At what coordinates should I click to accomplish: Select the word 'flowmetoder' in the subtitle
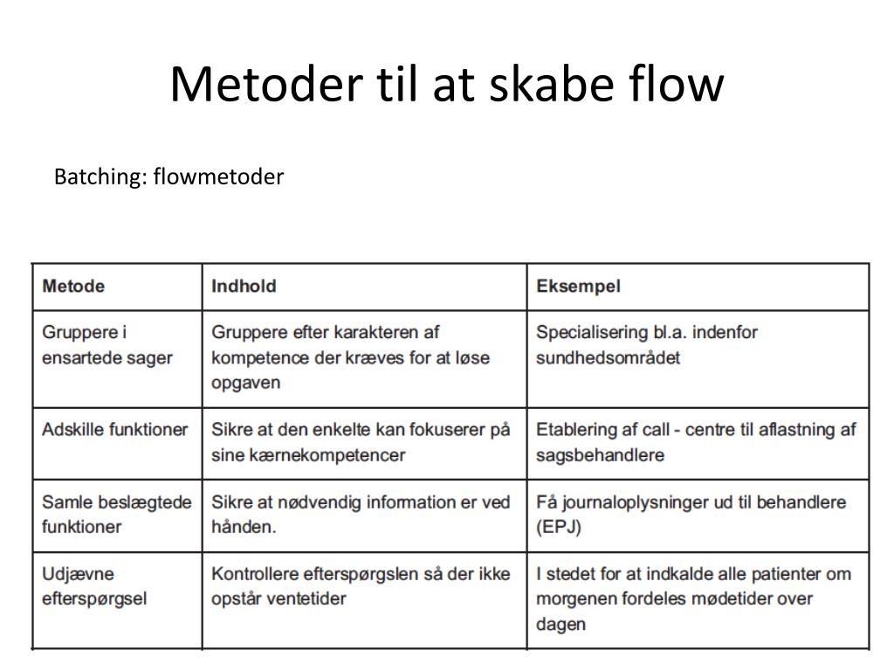coord(218,177)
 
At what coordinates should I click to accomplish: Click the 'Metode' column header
coord(73,287)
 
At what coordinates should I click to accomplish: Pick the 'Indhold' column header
coord(244,287)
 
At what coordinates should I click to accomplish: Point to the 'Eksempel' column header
coord(578,287)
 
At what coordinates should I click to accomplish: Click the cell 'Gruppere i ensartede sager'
coord(107,345)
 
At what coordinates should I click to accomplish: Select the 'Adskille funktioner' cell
coord(114,430)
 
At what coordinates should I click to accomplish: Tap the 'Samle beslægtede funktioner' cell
coord(116,515)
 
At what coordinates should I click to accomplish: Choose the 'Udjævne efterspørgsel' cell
coord(93,586)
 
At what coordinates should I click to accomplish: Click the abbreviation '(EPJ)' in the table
coord(559,527)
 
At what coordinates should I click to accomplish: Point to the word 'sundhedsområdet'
coord(608,358)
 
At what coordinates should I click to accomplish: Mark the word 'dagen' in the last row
coord(560,624)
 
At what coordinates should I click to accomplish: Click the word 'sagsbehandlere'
coord(600,455)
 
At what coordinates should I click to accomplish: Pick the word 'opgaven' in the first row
coord(245,383)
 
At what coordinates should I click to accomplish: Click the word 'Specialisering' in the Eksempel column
coord(591,333)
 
